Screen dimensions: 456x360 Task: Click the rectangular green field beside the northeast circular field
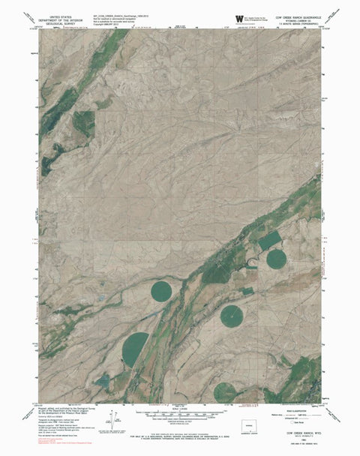coord(271,240)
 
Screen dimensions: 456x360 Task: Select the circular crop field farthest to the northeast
coord(276,259)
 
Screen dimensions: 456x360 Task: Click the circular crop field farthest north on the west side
coord(161,290)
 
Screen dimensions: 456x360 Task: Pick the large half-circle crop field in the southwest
coord(134,349)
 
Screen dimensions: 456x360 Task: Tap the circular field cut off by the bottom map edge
coord(225,391)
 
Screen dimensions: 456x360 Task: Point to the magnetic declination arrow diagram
coord(112,418)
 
